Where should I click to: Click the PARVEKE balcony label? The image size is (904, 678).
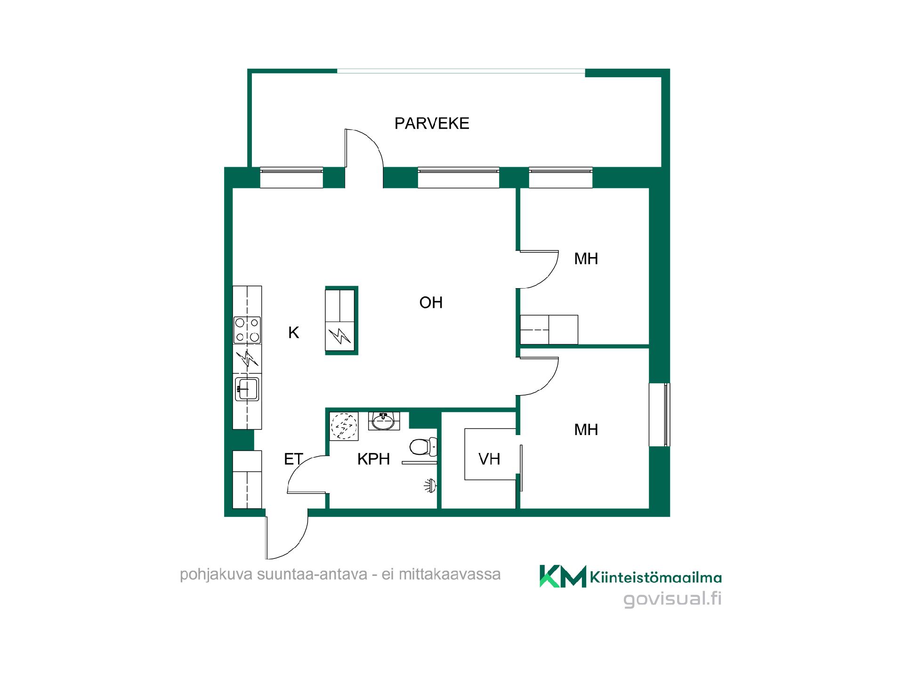click(x=432, y=123)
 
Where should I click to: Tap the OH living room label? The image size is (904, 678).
click(x=431, y=302)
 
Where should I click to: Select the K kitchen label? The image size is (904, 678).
click(x=293, y=333)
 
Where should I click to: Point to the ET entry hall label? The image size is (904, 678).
click(x=293, y=459)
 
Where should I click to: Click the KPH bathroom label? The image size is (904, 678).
click(x=373, y=459)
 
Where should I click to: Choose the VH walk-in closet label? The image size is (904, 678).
click(x=489, y=459)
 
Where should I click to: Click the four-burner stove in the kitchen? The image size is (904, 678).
click(x=247, y=330)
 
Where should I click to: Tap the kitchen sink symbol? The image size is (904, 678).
click(x=247, y=389)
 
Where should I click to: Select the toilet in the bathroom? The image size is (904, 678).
click(x=423, y=447)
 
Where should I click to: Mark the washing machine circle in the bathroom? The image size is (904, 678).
click(x=344, y=426)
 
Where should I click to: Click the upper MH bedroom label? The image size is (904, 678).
click(x=586, y=258)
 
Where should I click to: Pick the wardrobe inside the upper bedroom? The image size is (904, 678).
click(x=549, y=330)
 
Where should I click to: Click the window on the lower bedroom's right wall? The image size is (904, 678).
click(x=660, y=415)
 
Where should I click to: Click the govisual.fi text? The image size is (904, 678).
click(x=672, y=599)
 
